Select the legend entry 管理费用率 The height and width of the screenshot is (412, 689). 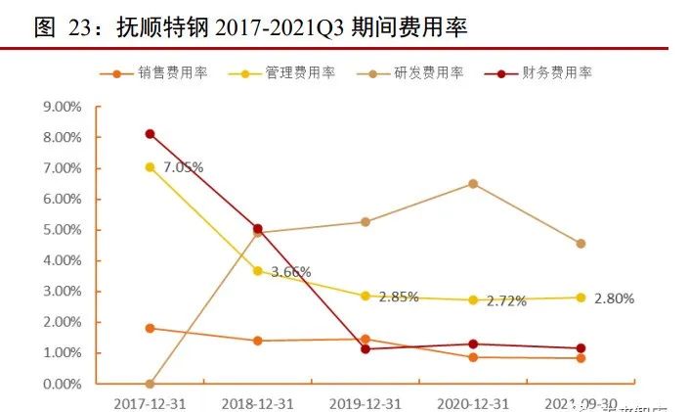[300, 73]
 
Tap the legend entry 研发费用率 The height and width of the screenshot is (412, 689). [428, 73]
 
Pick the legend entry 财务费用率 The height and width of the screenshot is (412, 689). [557, 73]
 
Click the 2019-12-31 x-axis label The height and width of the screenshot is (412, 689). [365, 403]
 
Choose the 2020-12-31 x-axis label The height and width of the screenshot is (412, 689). [472, 403]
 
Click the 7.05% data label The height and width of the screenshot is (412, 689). [183, 167]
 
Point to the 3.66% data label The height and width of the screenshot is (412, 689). [290, 272]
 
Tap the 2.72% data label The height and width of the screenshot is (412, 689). [506, 301]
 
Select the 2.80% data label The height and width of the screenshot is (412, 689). [614, 298]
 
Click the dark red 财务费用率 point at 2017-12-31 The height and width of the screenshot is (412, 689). [150, 134]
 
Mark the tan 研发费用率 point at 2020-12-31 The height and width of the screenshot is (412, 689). [473, 184]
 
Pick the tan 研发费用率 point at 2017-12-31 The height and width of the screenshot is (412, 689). [150, 384]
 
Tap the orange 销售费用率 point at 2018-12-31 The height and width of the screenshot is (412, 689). [257, 341]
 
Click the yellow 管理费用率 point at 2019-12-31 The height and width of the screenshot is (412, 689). [365, 296]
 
